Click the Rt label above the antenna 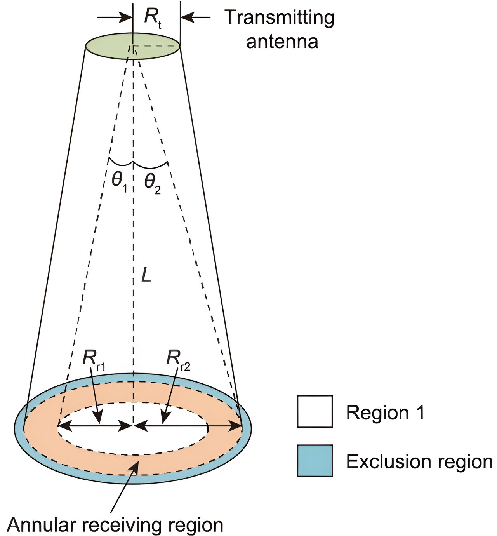click(152, 17)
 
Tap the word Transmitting click(279, 18)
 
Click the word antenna click(282, 42)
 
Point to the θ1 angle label click(119, 181)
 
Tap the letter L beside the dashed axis click(146, 275)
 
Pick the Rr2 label click(177, 358)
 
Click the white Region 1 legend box click(315, 411)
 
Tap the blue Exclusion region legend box click(315, 460)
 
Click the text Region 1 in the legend click(385, 412)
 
